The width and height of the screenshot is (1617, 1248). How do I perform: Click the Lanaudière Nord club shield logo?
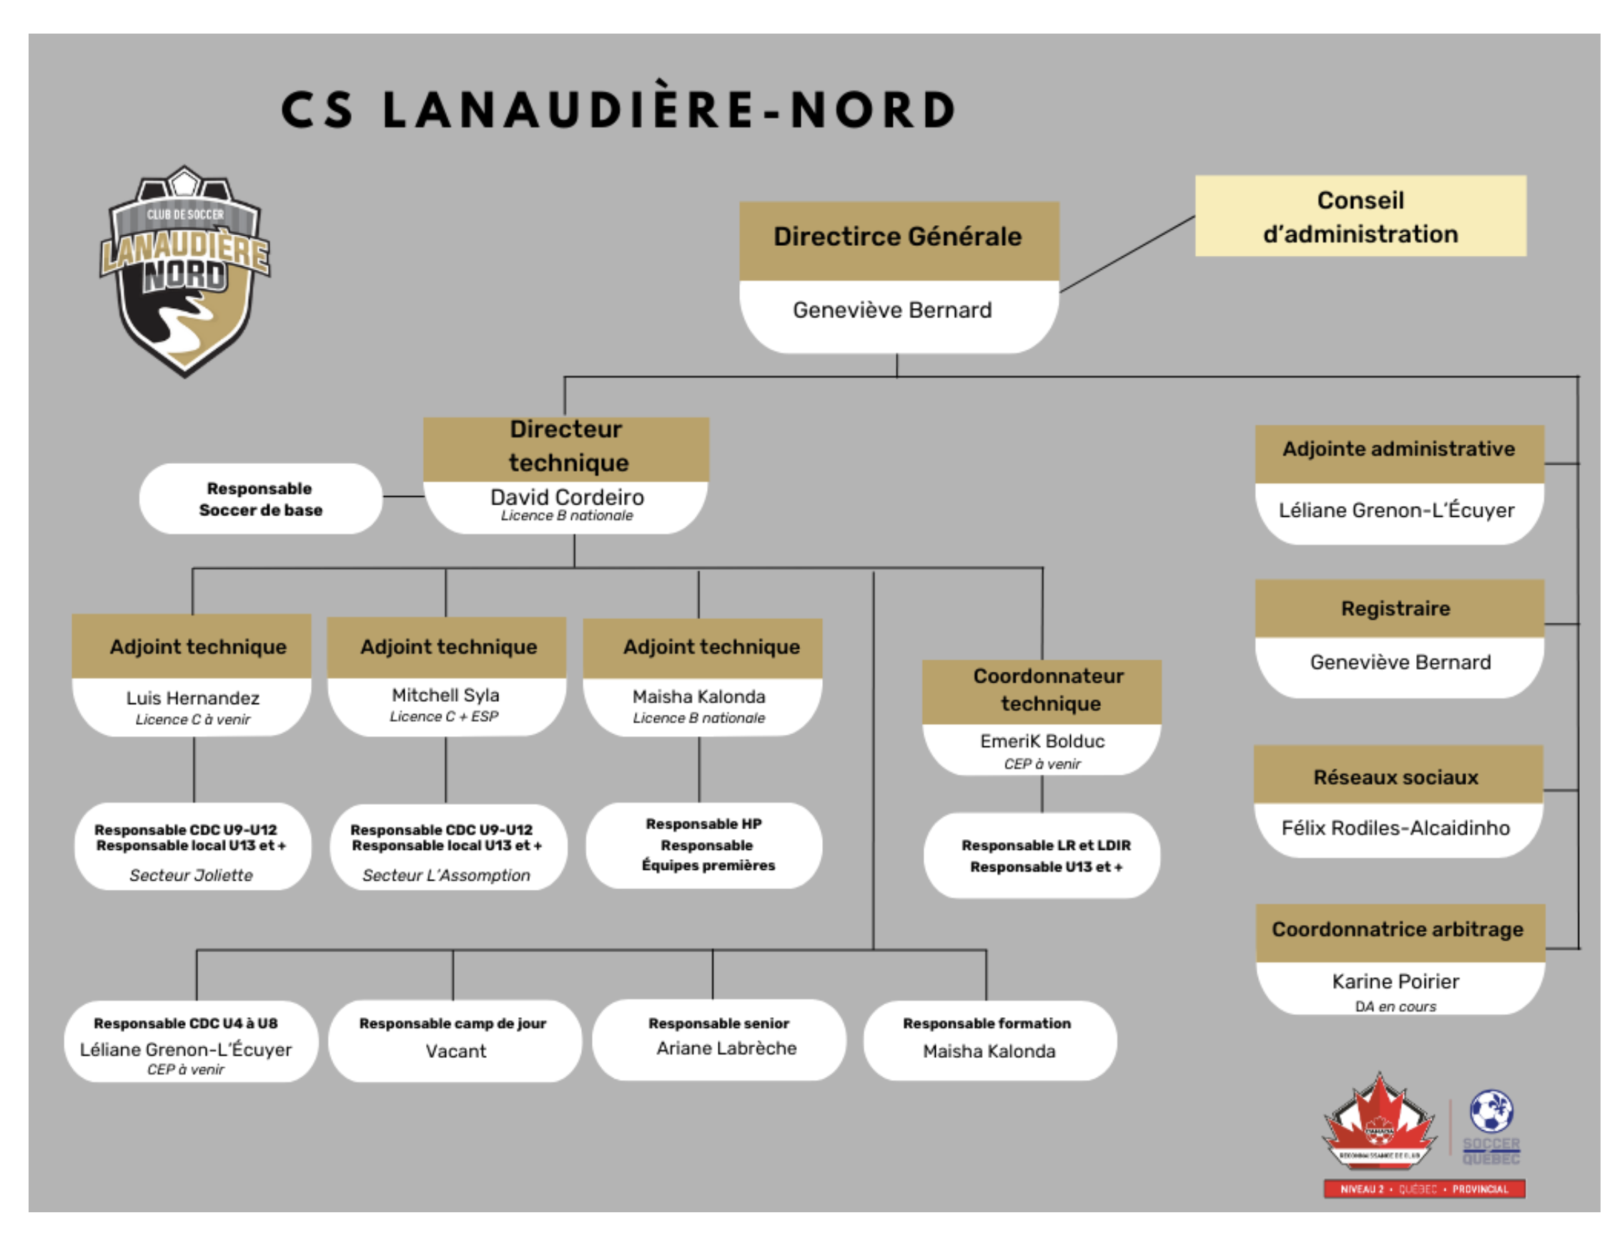pyautogui.click(x=185, y=271)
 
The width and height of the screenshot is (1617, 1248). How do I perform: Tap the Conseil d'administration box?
pyautogui.click(x=1360, y=216)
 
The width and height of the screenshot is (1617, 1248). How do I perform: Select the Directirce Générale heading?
pyautogui.click(x=897, y=237)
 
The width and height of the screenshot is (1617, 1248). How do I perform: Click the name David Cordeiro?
pyautogui.click(x=567, y=497)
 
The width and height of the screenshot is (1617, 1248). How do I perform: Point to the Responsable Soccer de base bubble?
pyautogui.click(x=261, y=499)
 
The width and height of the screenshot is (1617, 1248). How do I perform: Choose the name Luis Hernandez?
pyautogui.click(x=192, y=698)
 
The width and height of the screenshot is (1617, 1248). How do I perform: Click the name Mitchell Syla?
pyautogui.click(x=446, y=695)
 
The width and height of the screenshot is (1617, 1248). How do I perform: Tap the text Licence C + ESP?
pyautogui.click(x=444, y=716)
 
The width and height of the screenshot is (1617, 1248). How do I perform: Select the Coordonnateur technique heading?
pyautogui.click(x=1049, y=690)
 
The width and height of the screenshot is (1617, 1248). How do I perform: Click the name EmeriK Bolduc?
pyautogui.click(x=1042, y=741)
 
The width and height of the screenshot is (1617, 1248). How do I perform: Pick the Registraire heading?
pyautogui.click(x=1395, y=608)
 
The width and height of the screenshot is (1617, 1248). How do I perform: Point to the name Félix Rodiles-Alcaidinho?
pyautogui.click(x=1395, y=828)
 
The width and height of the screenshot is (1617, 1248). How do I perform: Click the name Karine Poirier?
pyautogui.click(x=1395, y=981)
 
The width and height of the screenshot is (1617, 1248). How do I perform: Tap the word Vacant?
pyautogui.click(x=456, y=1051)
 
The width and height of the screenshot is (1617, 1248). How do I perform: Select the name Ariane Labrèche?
pyautogui.click(x=726, y=1048)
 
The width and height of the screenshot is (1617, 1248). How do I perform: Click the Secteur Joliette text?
pyautogui.click(x=191, y=875)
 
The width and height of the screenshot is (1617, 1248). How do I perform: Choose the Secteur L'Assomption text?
pyautogui.click(x=447, y=875)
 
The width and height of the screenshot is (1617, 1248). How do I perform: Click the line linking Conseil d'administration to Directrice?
pyautogui.click(x=1127, y=254)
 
